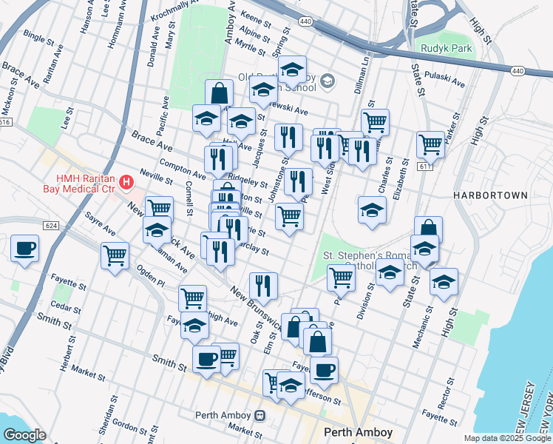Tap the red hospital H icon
126,181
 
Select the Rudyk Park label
445,49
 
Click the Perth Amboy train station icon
259,414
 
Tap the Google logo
24,435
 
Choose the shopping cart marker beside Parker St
430,144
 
